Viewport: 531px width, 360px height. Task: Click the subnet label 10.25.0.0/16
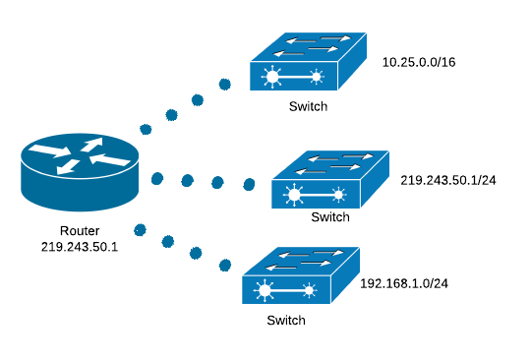click(419, 62)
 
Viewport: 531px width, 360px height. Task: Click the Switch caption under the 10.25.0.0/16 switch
click(308, 105)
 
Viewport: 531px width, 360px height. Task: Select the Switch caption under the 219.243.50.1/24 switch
click(329, 216)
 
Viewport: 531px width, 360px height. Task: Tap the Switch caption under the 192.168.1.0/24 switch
click(286, 321)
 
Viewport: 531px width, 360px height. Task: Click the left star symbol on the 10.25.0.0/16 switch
click(270, 77)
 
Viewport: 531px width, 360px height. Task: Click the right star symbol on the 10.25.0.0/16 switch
click(316, 77)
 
